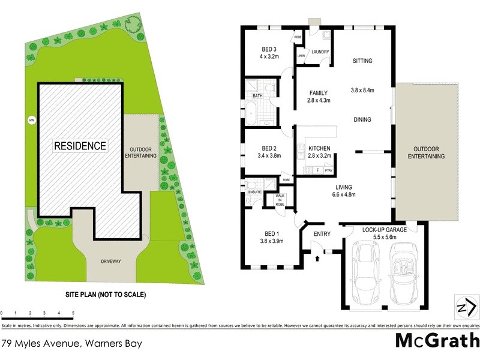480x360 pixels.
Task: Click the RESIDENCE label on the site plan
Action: [80, 146]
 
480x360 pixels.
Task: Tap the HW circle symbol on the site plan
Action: [31, 120]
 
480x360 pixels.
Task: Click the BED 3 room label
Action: [269, 49]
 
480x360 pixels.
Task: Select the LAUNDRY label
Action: [319, 52]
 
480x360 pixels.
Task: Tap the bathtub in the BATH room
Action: [250, 113]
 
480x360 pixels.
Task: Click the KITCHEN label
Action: [320, 148]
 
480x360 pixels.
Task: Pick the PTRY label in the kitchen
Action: [328, 170]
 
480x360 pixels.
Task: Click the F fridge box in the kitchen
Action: [317, 170]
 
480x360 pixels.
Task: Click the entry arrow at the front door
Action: [317, 258]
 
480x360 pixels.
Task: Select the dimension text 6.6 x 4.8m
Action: [344, 194]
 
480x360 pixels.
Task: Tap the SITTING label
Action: [362, 61]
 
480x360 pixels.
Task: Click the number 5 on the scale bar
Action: [73, 313]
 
